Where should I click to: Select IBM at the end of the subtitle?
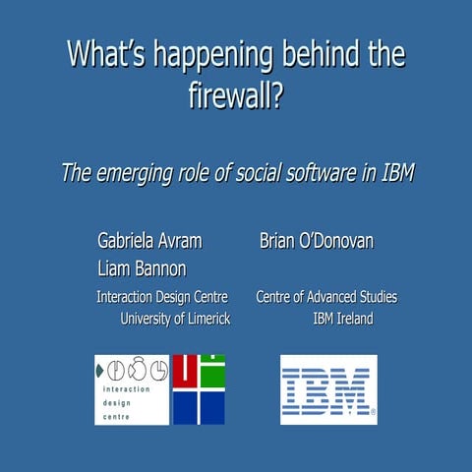394,173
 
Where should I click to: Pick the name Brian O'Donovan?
316,241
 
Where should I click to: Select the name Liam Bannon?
142,268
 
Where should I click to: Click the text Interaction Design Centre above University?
161,297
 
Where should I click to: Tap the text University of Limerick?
174,318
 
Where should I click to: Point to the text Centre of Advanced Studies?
326,297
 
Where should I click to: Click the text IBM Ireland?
342,318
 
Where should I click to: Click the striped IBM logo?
328,388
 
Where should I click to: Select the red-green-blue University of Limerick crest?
199,388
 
